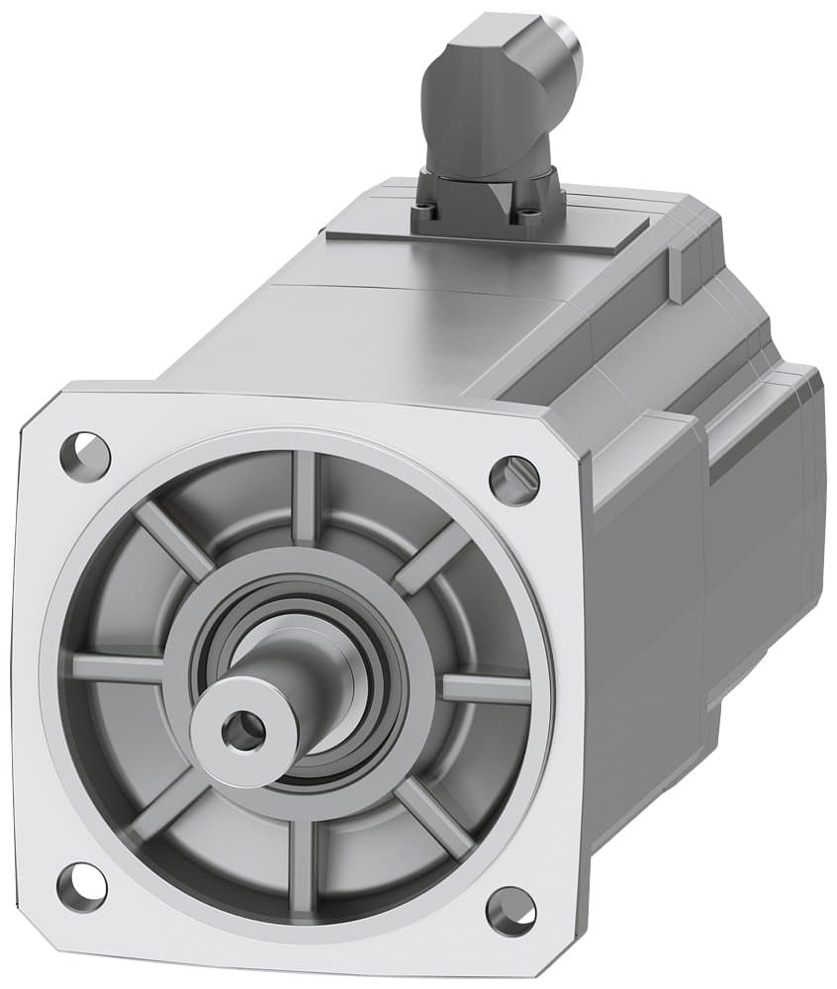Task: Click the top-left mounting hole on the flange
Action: pyautogui.click(x=85, y=452)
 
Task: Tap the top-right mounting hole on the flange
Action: pyautogui.click(x=514, y=479)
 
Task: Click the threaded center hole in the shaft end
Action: pyautogui.click(x=241, y=732)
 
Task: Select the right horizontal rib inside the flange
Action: pyautogui.click(x=485, y=687)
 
